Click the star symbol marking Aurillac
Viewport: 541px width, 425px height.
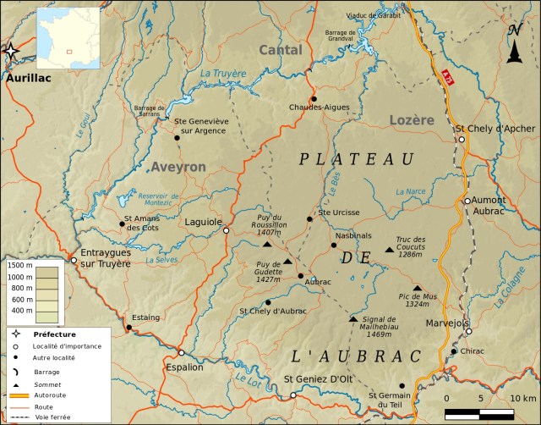10,52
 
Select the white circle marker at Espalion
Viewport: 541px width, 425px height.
181,353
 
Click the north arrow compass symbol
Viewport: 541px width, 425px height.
514,45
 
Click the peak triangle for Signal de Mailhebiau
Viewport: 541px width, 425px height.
353,318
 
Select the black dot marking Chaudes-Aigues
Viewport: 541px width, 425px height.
314,99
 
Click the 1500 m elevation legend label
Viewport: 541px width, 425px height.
20,266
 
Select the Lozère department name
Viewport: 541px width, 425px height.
412,120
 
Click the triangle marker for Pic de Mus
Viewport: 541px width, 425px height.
417,288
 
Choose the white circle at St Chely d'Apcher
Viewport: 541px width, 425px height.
462,140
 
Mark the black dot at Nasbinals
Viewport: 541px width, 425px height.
333,246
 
